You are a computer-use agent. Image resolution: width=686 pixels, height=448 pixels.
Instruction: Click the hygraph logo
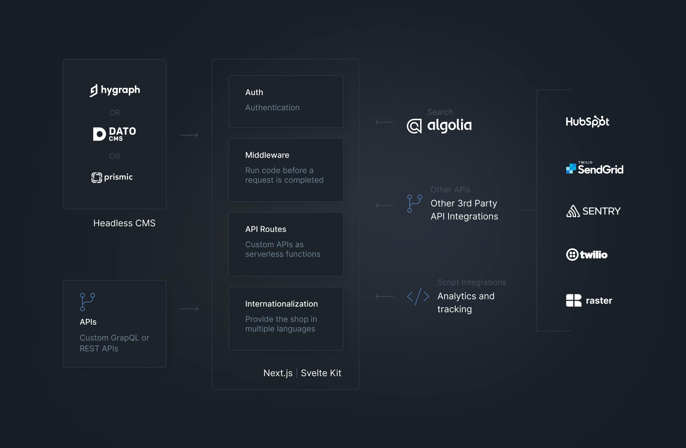[115, 90]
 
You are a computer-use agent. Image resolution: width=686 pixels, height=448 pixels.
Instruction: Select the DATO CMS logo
[114, 134]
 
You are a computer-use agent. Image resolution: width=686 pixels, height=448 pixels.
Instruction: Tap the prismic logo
[112, 177]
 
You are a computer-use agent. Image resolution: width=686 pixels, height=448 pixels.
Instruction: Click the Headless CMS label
[124, 223]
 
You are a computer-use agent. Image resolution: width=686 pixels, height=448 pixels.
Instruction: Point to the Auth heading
[254, 92]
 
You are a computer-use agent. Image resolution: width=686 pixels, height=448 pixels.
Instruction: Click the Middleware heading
[267, 155]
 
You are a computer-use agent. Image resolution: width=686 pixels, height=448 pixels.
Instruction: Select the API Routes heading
[266, 229]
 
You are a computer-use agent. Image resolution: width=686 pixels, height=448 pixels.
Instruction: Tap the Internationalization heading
[281, 304]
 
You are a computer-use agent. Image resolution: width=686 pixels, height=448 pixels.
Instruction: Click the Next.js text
[278, 373]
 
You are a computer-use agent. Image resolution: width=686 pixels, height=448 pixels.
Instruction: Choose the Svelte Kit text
[321, 373]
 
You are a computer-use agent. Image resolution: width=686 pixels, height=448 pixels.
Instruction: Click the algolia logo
[439, 126]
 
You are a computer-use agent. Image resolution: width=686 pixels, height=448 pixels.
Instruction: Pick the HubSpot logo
[587, 121]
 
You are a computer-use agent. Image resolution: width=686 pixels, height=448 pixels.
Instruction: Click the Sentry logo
[593, 211]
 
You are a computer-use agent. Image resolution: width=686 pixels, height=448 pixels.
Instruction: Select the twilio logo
[587, 255]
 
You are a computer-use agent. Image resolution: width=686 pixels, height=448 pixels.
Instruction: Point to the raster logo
[589, 301]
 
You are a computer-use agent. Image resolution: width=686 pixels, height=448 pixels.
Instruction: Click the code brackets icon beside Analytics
[418, 296]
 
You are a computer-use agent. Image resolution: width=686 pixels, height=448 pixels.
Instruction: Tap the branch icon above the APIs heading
[87, 302]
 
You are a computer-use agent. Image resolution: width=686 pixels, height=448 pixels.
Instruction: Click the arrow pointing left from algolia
[385, 122]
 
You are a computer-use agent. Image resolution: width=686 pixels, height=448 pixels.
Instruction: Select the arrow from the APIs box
[189, 309]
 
